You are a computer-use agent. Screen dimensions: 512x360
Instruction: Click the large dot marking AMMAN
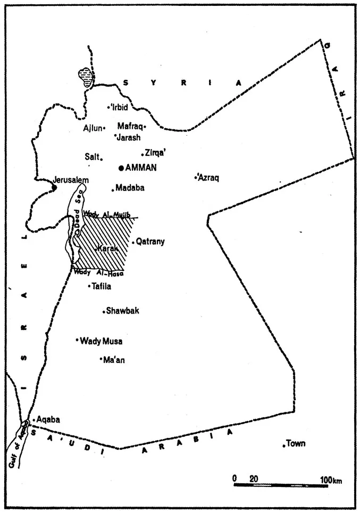(121, 168)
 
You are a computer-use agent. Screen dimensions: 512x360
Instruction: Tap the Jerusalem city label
(71, 180)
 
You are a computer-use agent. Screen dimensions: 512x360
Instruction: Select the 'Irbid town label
(120, 106)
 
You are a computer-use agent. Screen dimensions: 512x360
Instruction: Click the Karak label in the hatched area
(107, 249)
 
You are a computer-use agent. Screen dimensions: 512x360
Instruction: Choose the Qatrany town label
(150, 242)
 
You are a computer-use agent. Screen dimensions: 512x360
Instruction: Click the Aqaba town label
(48, 419)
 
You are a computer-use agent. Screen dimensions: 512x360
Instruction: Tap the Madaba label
(130, 188)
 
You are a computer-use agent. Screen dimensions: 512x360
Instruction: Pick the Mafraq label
(129, 127)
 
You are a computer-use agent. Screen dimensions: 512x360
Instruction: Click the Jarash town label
(128, 137)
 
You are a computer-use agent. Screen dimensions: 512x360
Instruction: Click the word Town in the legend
(296, 443)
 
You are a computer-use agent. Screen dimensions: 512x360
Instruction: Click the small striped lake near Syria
(85, 77)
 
